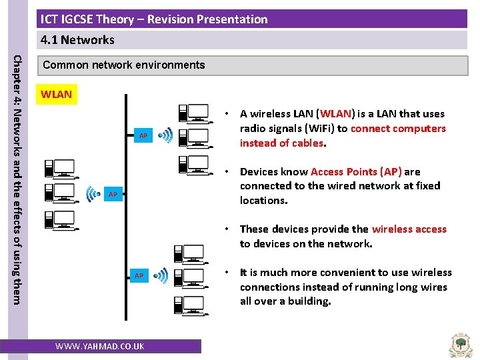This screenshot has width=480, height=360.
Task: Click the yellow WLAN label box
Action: click(56, 95)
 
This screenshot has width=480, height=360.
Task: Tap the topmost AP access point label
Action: click(143, 136)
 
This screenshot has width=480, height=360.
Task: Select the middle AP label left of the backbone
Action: click(113, 195)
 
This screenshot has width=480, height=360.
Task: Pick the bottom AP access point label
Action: click(139, 275)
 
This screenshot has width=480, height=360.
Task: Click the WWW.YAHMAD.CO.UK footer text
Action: click(99, 347)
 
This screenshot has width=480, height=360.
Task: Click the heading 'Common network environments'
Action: click(123, 65)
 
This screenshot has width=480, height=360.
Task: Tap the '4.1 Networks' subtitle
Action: click(77, 40)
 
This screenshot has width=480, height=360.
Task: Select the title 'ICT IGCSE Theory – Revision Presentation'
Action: click(154, 19)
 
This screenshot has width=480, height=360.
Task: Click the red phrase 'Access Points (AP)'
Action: click(356, 171)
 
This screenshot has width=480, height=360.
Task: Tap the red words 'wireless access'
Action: click(409, 229)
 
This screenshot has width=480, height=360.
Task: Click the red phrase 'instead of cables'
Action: click(281, 143)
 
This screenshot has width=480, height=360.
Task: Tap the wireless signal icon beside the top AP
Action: click(165, 135)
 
